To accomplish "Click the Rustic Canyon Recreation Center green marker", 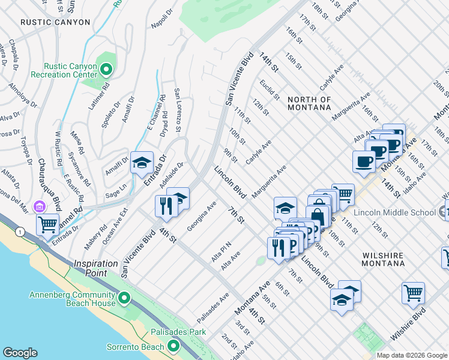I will (x=106, y=70).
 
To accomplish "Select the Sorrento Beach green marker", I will (x=173, y=346).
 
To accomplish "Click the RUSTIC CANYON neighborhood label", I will (x=55, y=22).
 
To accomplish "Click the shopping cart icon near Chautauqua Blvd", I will (x=47, y=225).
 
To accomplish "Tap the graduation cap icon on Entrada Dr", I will (x=142, y=163).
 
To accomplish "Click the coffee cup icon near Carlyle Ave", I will (x=364, y=161).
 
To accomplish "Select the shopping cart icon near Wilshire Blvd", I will (x=414, y=293).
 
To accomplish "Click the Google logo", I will (x=20, y=353).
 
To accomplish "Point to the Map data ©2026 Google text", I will (x=412, y=355).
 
